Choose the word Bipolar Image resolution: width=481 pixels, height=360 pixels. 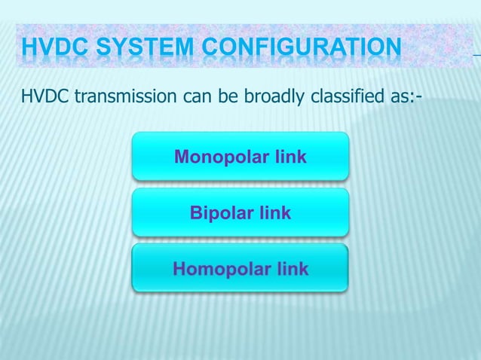pos(222,213)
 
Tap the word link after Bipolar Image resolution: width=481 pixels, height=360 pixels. pos(274,213)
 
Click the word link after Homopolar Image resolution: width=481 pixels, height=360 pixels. pos(291,269)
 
